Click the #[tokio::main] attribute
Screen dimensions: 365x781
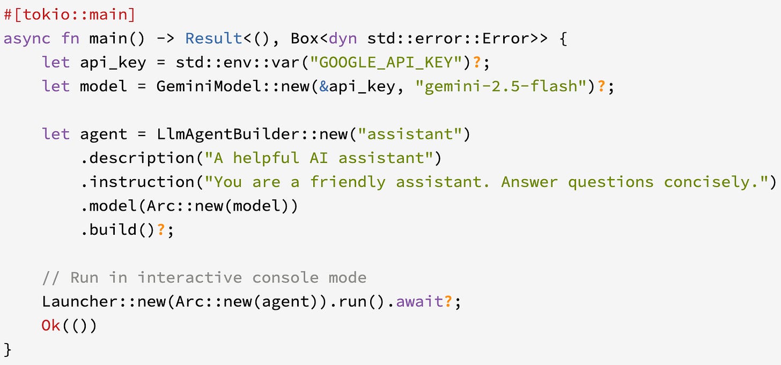(x=70, y=14)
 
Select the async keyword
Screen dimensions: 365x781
(x=27, y=39)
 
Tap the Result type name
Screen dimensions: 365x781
(x=213, y=39)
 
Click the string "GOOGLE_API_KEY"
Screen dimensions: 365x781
(x=390, y=62)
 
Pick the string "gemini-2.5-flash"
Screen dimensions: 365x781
(x=501, y=86)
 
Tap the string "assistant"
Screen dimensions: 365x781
(x=410, y=134)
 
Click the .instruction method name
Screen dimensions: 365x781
(x=142, y=182)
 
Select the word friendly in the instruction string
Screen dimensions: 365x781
(x=348, y=182)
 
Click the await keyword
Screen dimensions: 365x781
(x=419, y=301)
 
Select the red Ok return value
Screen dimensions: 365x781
(x=51, y=325)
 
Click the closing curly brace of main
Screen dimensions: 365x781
(x=8, y=349)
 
